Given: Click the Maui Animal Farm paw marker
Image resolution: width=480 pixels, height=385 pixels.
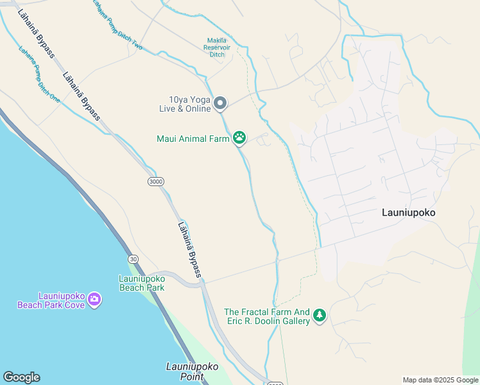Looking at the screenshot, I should coord(239,137).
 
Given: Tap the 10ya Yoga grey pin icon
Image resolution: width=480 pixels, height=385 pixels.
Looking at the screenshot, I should coord(220,103).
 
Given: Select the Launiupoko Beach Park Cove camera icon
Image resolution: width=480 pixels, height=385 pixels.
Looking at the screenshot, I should coord(94,299).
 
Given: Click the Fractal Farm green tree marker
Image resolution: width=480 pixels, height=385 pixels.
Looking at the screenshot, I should coord(320,315).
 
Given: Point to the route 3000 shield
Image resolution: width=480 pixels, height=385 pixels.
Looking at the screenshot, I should coord(155,182).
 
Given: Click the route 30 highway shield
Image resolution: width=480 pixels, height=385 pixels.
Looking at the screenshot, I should coord(133,259).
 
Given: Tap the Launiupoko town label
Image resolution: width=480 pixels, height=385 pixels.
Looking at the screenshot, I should coord(408,212).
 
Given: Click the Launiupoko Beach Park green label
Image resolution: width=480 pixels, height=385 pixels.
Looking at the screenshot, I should coord(142,283).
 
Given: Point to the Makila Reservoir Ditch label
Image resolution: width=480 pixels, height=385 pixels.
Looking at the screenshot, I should coord(217,47).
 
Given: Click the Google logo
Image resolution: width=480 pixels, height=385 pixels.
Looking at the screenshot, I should coord(21,377).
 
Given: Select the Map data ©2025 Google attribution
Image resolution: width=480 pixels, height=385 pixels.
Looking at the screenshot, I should coord(441,380).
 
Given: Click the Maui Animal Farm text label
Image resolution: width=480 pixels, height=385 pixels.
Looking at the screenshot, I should coord(193,139).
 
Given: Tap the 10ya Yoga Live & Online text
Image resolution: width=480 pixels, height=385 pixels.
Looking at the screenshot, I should coord(185,104).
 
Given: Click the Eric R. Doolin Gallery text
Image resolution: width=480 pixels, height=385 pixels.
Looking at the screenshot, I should coord(266,321).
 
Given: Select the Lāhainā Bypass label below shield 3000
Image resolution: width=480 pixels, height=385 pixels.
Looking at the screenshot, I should coord(189,250).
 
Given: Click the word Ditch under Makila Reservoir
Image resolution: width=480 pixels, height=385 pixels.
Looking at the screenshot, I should coord(217,55).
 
